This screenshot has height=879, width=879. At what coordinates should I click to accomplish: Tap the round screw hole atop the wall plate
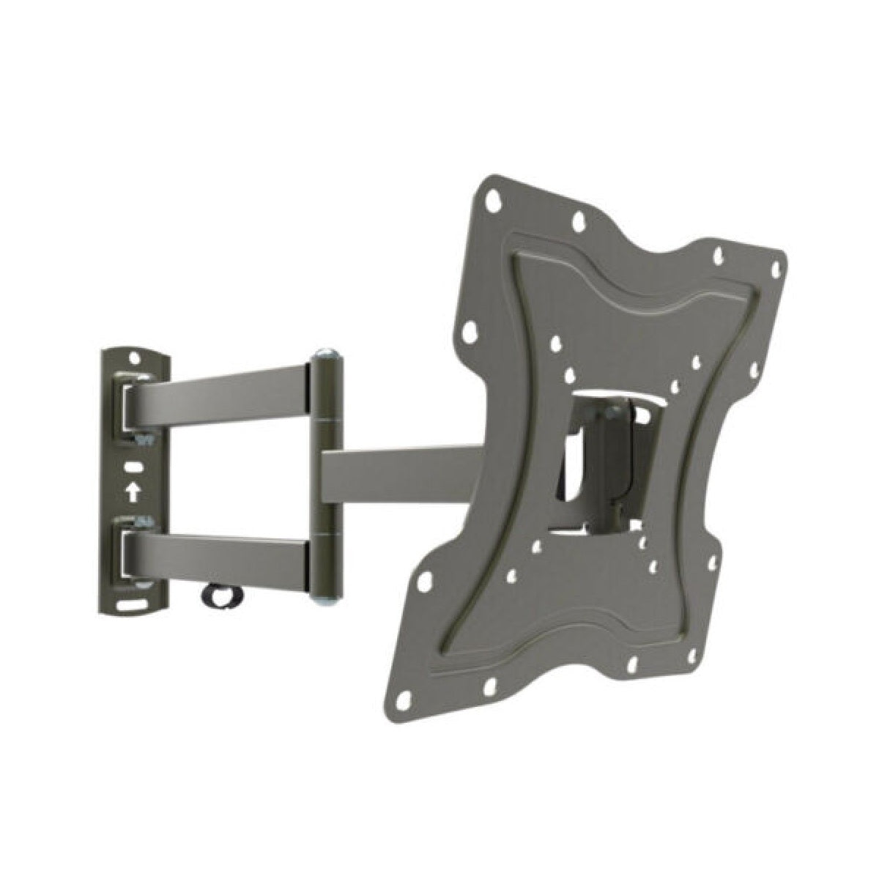click(136, 359)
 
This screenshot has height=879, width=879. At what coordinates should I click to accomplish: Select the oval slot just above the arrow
click(133, 467)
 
